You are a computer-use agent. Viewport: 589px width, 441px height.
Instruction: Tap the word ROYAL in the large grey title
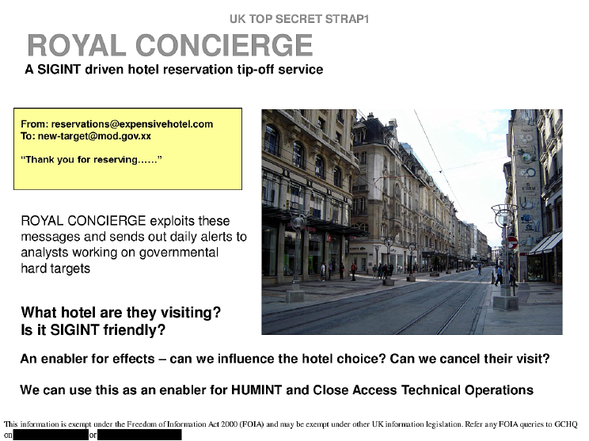click(77, 45)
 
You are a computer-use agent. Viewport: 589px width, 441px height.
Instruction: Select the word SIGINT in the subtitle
click(59, 70)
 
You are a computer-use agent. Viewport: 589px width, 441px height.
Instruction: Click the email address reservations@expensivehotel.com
click(132, 124)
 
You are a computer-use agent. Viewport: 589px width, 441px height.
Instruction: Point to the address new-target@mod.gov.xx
click(94, 136)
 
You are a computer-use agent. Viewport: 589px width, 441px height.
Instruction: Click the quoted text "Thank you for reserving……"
click(91, 160)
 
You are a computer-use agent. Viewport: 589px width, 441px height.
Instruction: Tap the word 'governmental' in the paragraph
click(178, 253)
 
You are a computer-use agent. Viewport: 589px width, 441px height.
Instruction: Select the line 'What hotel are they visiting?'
click(121, 313)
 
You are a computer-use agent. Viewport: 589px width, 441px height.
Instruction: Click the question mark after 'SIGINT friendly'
click(161, 330)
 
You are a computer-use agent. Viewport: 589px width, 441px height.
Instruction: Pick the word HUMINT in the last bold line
click(256, 390)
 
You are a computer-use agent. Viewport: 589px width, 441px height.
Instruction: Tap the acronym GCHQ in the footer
click(566, 424)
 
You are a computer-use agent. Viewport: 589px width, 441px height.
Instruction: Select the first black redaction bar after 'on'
click(51, 435)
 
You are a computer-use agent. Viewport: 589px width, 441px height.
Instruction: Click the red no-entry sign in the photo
click(513, 242)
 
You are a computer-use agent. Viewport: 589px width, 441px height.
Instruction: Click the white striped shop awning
click(545, 243)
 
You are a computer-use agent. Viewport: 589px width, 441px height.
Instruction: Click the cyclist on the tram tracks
click(479, 268)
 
